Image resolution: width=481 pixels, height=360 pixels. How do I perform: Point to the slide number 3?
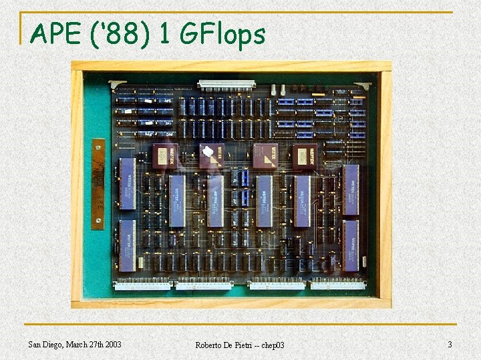450,344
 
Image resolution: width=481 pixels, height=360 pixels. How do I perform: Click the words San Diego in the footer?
47,344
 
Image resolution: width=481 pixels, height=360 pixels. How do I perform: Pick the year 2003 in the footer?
111,344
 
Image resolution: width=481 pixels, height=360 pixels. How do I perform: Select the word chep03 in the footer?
271,345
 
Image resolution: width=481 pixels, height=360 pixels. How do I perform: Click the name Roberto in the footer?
210,345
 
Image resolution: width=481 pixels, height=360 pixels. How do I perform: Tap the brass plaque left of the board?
98,184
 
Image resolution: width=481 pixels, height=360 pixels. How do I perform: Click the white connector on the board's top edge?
226,85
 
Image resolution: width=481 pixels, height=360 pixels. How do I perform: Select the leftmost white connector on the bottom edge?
143,285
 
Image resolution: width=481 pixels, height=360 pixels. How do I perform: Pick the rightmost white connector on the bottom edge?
338,285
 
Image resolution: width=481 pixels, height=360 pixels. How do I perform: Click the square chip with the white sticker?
212,155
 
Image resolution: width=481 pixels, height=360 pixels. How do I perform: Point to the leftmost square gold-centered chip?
164,155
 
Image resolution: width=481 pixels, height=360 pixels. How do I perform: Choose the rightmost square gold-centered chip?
305,155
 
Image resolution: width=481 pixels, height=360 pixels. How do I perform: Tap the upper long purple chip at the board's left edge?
127,183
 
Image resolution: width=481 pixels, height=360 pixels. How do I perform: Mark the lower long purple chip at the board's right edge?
351,245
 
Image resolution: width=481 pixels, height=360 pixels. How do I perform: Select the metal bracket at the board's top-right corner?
363,85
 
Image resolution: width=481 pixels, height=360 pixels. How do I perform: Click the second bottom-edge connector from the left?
203,285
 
